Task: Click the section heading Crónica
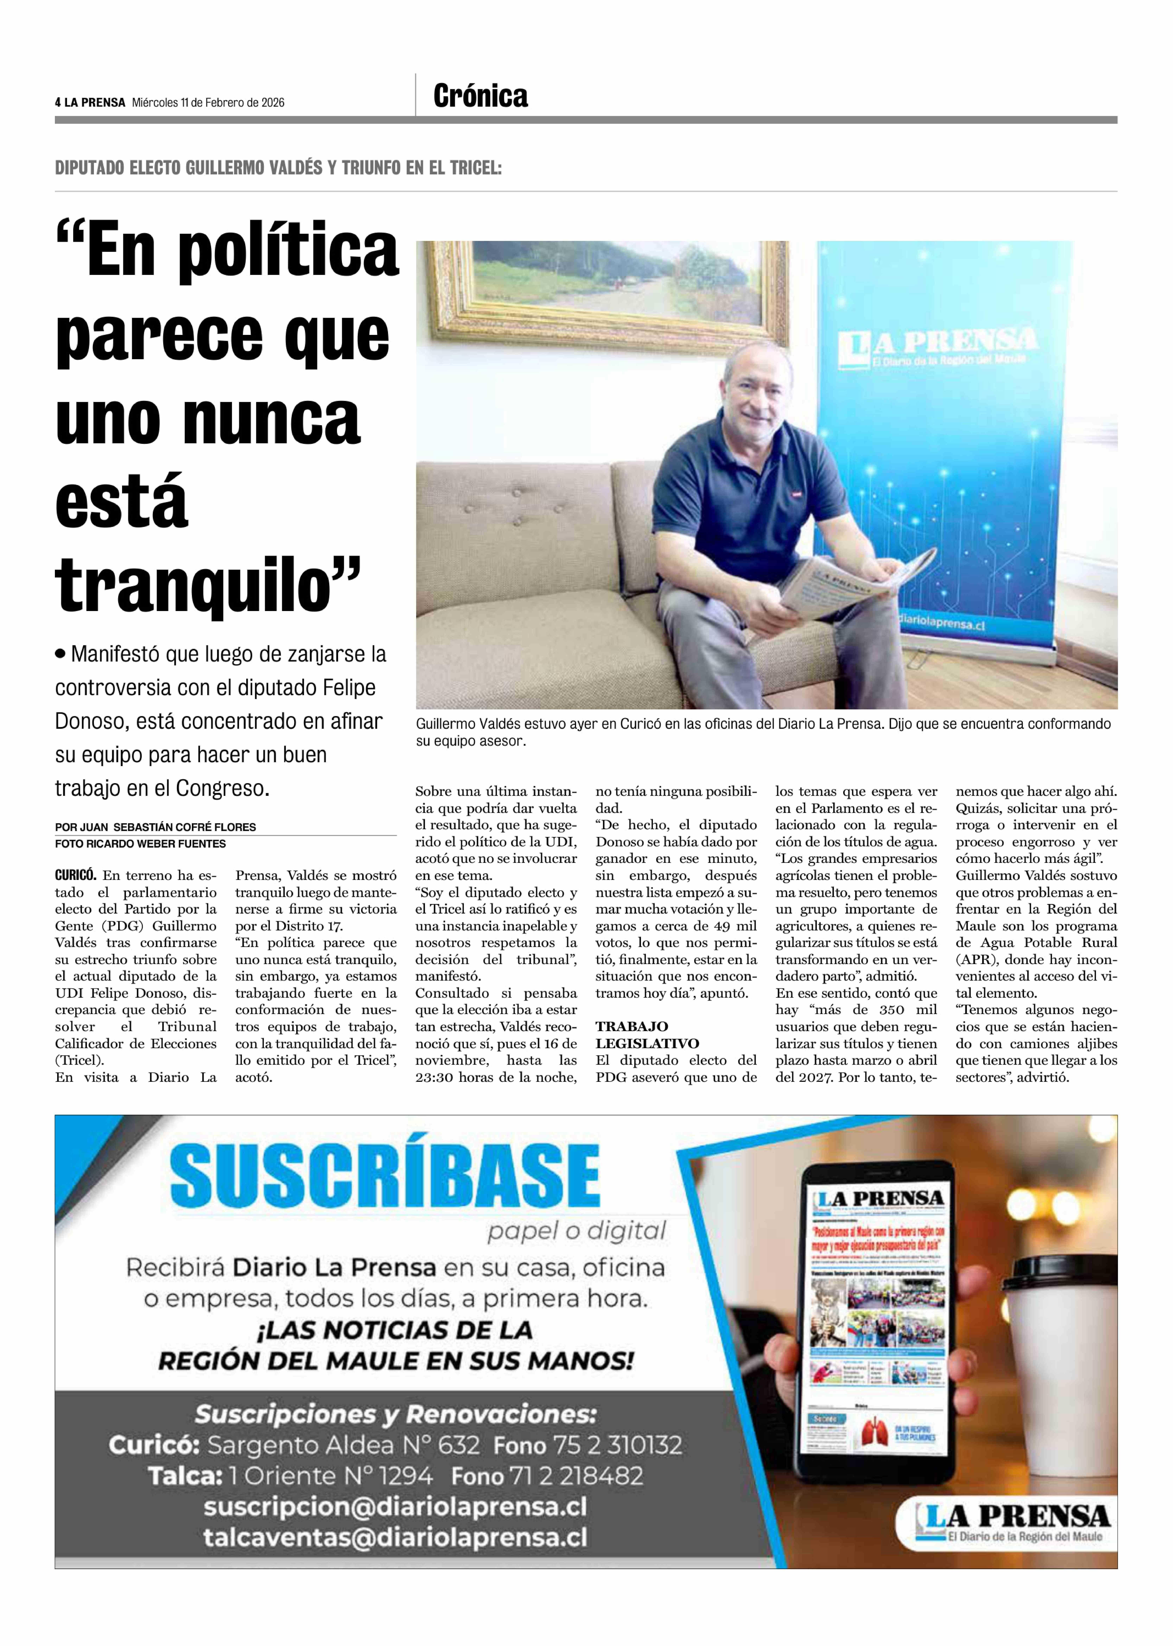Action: [x=480, y=96]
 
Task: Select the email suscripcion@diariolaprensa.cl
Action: [x=394, y=1507]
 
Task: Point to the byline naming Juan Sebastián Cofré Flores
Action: [x=155, y=827]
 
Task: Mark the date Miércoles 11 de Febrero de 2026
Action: [x=208, y=103]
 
